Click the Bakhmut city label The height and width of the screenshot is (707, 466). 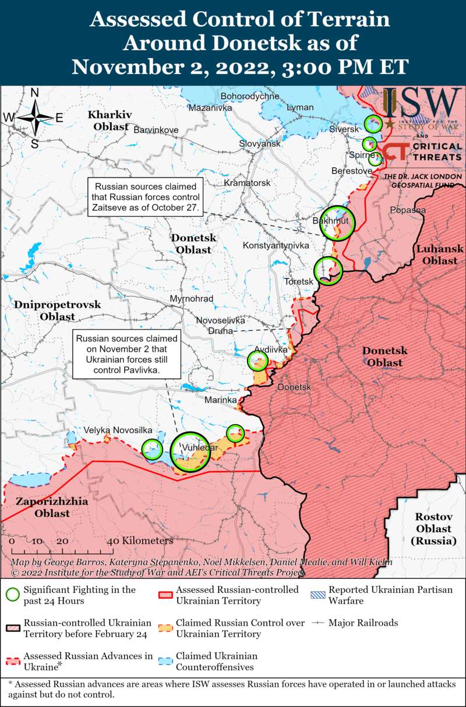point(330,221)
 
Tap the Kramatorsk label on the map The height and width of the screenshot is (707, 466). point(248,183)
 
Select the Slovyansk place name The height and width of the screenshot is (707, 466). point(260,143)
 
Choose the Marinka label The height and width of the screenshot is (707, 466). point(221,400)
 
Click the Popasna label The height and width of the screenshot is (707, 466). point(408,210)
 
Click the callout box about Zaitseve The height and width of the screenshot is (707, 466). point(145,197)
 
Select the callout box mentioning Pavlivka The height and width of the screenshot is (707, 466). point(126,353)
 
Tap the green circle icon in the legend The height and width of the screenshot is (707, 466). point(12,595)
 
